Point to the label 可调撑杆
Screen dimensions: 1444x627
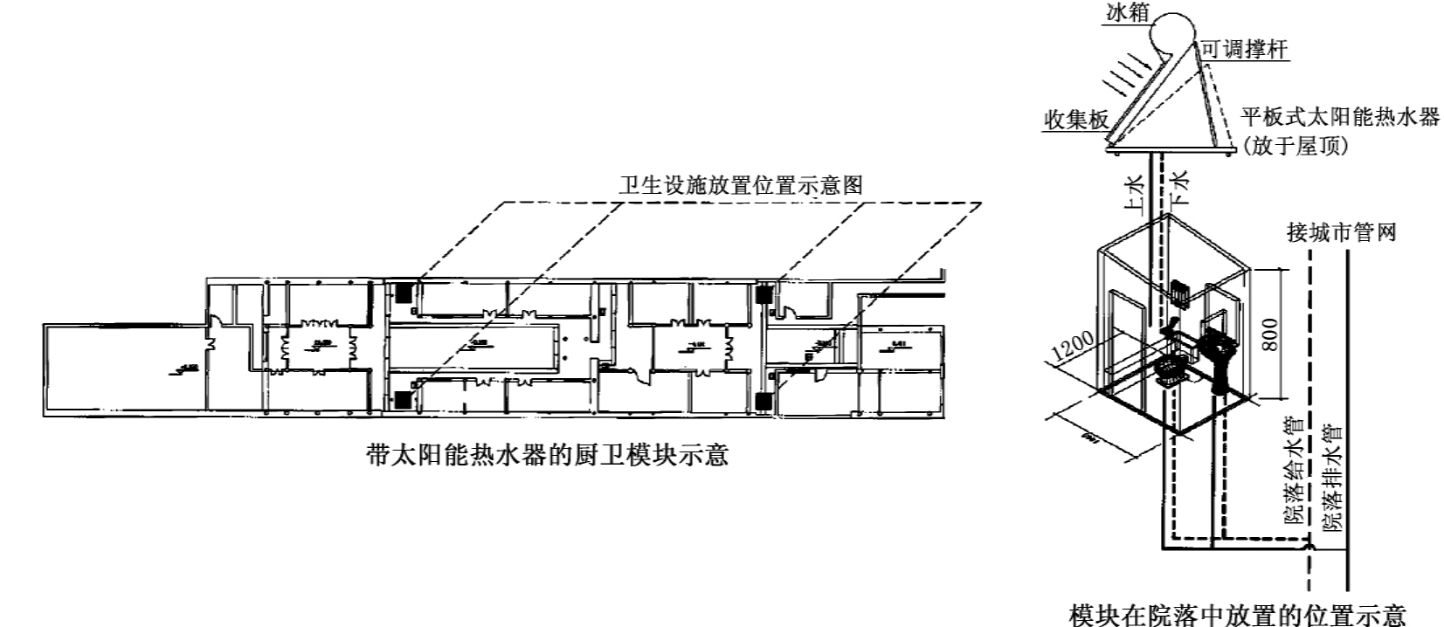[1245, 49]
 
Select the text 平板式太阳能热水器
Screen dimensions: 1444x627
[1340, 117]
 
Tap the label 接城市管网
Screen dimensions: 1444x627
[1342, 232]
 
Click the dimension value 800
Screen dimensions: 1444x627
[1270, 334]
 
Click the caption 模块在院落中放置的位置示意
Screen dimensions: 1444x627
[1238, 614]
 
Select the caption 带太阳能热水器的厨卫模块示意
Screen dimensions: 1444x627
[547, 455]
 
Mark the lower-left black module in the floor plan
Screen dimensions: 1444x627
[403, 399]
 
